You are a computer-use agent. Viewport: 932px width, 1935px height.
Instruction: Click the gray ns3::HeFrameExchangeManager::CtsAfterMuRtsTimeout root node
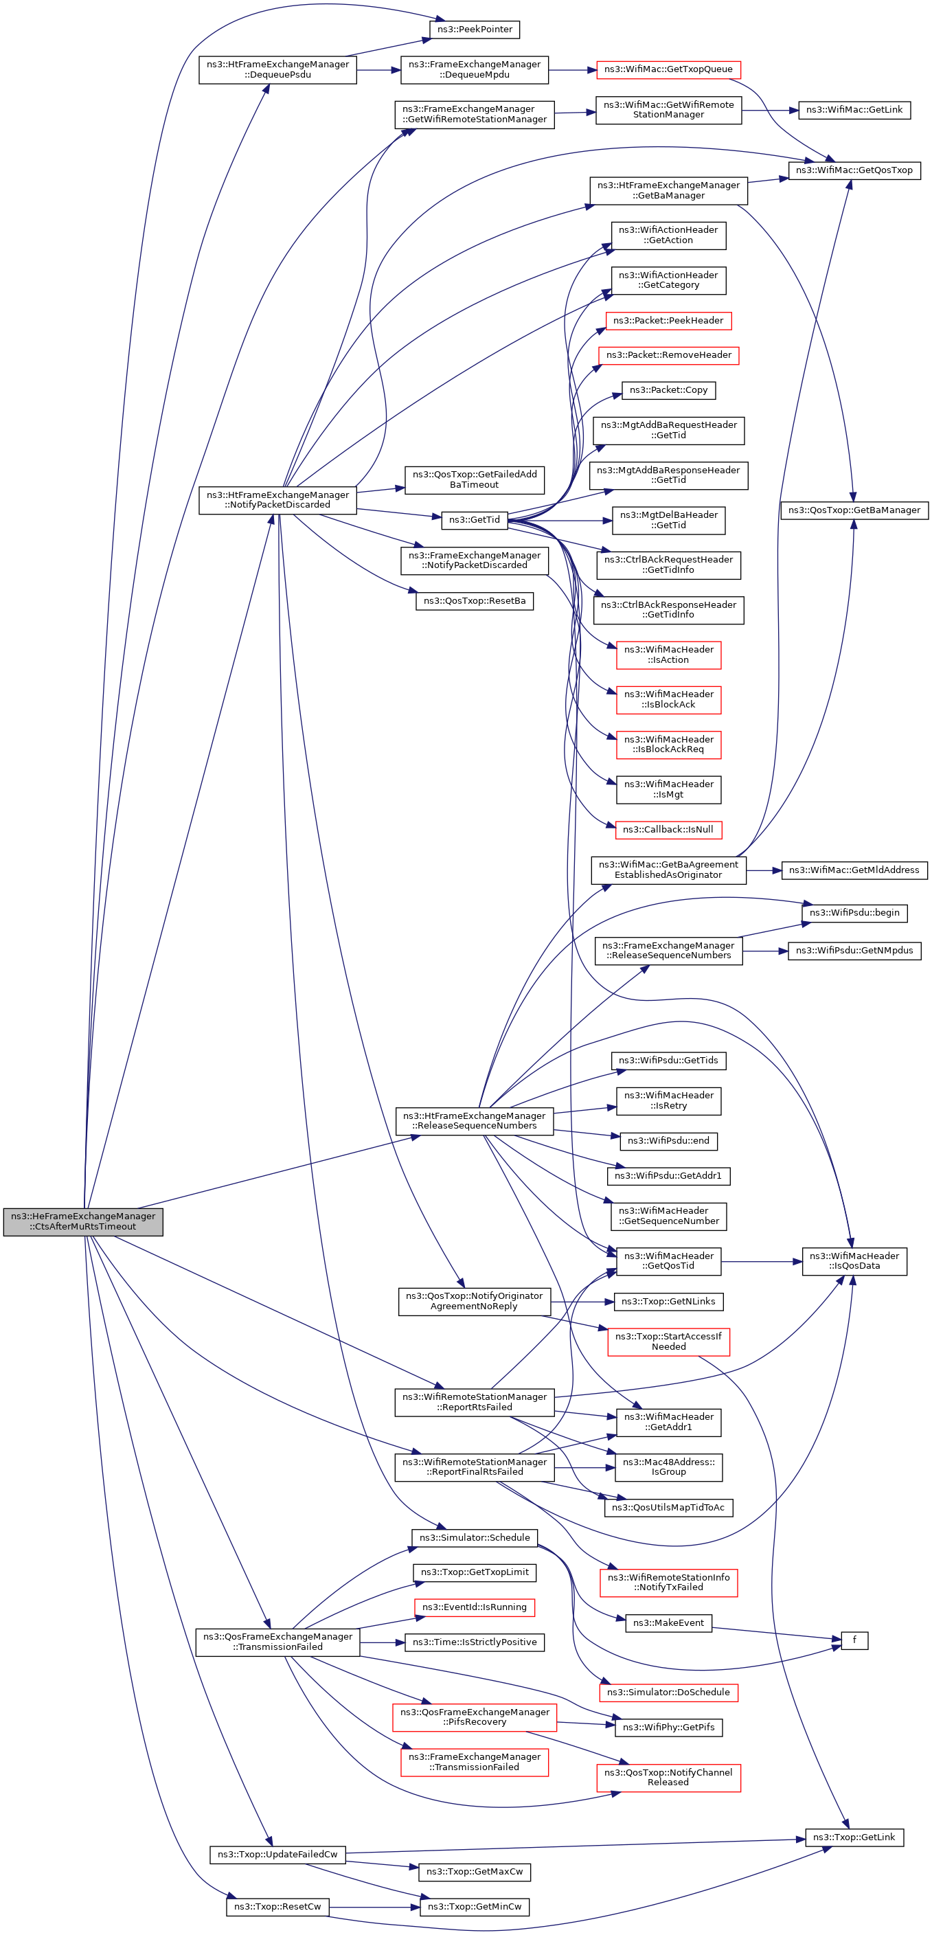pos(82,1221)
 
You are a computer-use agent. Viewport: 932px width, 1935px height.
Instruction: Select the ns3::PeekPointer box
pos(475,30)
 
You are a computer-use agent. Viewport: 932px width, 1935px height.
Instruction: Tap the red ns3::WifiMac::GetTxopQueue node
pos(668,69)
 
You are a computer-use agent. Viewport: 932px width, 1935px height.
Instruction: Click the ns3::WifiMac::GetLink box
pos(854,110)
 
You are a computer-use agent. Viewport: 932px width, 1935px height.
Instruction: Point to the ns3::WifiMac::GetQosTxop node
pos(854,170)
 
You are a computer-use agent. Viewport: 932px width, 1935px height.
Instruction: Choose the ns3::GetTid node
pos(475,519)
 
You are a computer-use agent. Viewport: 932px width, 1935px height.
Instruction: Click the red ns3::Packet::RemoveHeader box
pos(668,355)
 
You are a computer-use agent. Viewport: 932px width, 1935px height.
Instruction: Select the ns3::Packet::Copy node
pos(668,390)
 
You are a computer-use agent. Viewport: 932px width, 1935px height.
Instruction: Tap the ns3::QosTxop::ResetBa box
pos(475,601)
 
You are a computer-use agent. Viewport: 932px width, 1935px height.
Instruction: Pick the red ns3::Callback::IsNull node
pos(668,829)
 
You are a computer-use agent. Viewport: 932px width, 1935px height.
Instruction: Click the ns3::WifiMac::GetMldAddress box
pos(854,870)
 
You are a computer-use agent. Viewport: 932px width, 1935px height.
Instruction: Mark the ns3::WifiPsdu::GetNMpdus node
pos(854,950)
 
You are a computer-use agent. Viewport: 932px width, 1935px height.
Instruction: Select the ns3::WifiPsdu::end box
pos(668,1140)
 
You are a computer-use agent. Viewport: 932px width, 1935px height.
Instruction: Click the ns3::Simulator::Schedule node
pos(475,1538)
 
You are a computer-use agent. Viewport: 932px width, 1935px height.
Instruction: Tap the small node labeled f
pos(854,1640)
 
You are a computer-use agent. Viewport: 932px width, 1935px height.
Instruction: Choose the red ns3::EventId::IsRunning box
pos(475,1607)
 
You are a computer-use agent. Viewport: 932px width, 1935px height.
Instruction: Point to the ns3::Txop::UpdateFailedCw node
pos(278,1854)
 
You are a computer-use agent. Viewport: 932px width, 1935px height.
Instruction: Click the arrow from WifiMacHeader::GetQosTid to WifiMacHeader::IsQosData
pos(762,1262)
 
